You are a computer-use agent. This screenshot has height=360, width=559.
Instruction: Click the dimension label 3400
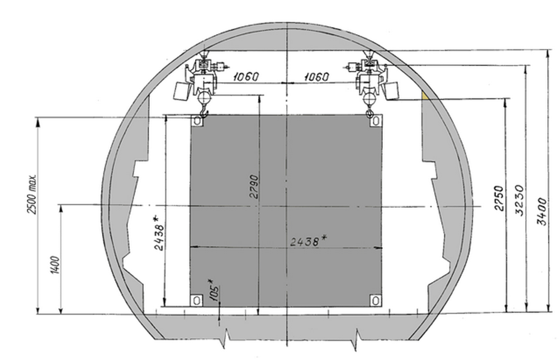[542, 211]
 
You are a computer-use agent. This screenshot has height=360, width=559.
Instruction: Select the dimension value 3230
[520, 200]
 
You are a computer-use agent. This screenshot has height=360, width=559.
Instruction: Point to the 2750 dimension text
[499, 198]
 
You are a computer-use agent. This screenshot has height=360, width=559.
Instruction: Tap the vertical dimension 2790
[254, 186]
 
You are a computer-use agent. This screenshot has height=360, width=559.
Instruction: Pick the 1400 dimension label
[55, 265]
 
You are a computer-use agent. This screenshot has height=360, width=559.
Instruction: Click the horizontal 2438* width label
[309, 241]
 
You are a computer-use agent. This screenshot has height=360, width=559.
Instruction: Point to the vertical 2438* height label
[159, 233]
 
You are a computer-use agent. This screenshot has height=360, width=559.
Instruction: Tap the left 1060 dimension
[246, 77]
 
